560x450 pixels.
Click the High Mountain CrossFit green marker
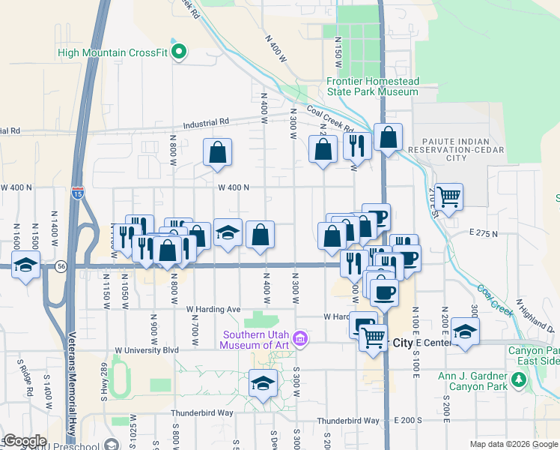point(179,52)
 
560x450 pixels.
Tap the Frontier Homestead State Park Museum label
point(372,86)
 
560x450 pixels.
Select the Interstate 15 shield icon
point(78,193)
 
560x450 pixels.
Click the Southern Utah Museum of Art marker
point(300,340)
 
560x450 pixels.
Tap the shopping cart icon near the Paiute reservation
point(449,196)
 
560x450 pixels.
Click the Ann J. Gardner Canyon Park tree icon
point(518,382)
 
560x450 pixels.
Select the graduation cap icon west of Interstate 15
point(26,265)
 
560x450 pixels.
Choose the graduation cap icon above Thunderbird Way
point(263,383)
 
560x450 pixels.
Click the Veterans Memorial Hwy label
point(73,382)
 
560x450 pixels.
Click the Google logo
point(25,441)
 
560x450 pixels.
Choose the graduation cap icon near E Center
point(465,331)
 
